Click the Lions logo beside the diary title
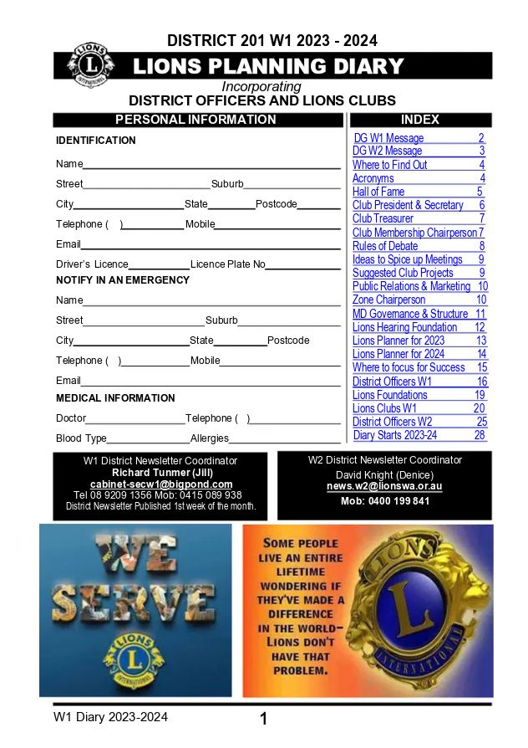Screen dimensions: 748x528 (89, 64)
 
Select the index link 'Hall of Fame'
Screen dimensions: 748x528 (378, 192)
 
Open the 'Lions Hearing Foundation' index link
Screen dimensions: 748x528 (404, 327)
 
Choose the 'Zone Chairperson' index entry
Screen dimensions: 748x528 (388, 300)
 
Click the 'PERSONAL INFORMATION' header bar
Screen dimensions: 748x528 (195, 120)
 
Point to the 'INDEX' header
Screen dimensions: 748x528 (419, 120)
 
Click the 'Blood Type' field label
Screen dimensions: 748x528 (81, 438)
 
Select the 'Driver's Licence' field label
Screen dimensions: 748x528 (92, 264)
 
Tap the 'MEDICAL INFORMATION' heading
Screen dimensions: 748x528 (115, 398)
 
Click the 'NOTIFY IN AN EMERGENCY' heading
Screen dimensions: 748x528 (123, 280)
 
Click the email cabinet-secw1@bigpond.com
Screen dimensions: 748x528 (161, 484)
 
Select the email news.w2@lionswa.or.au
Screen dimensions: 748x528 (384, 486)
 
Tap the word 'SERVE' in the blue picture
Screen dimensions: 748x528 (135, 605)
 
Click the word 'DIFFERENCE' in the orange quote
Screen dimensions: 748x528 (301, 614)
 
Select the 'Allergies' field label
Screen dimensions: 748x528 (209, 438)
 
